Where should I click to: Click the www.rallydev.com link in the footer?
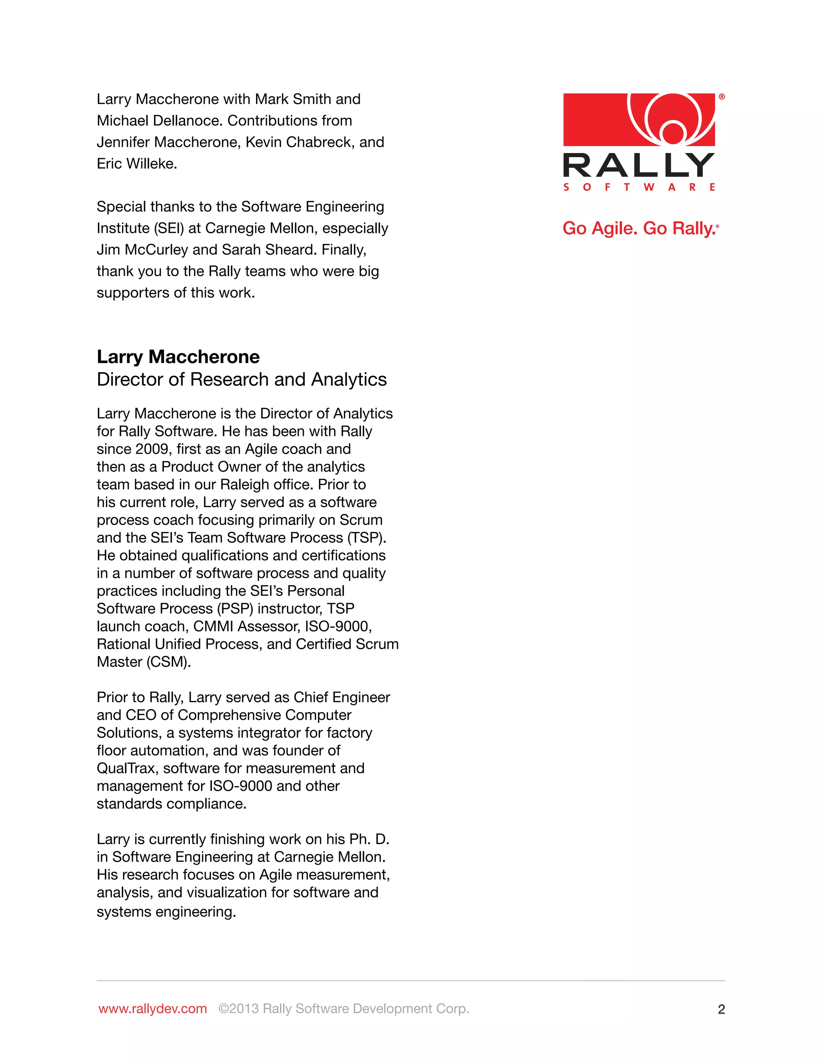(x=153, y=1009)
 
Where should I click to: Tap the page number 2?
(x=721, y=1009)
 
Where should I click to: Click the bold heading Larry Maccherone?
(x=178, y=357)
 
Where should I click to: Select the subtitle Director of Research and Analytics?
(x=242, y=379)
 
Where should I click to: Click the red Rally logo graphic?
(x=639, y=119)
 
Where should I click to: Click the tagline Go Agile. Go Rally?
(x=639, y=228)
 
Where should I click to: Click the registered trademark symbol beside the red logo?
(x=722, y=97)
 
